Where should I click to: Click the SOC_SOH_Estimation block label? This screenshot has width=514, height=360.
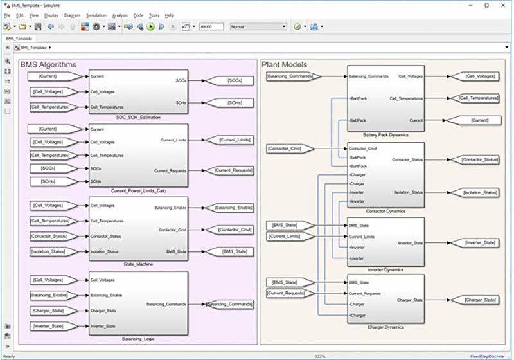click(139, 117)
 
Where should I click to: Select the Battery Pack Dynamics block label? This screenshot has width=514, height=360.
click(386, 135)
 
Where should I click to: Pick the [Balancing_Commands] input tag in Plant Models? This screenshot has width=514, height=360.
click(290, 76)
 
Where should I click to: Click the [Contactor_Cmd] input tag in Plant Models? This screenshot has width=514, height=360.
click(290, 148)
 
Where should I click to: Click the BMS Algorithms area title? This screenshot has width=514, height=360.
click(48, 65)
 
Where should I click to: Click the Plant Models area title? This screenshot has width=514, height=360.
click(285, 65)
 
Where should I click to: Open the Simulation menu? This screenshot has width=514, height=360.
click(96, 15)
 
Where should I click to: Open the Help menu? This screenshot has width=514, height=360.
click(169, 15)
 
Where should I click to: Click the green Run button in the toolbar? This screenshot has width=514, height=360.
click(150, 27)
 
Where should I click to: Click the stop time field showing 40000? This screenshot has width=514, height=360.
click(211, 27)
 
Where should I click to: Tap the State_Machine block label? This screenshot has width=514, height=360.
click(139, 264)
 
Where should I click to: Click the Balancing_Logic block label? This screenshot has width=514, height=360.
click(139, 337)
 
